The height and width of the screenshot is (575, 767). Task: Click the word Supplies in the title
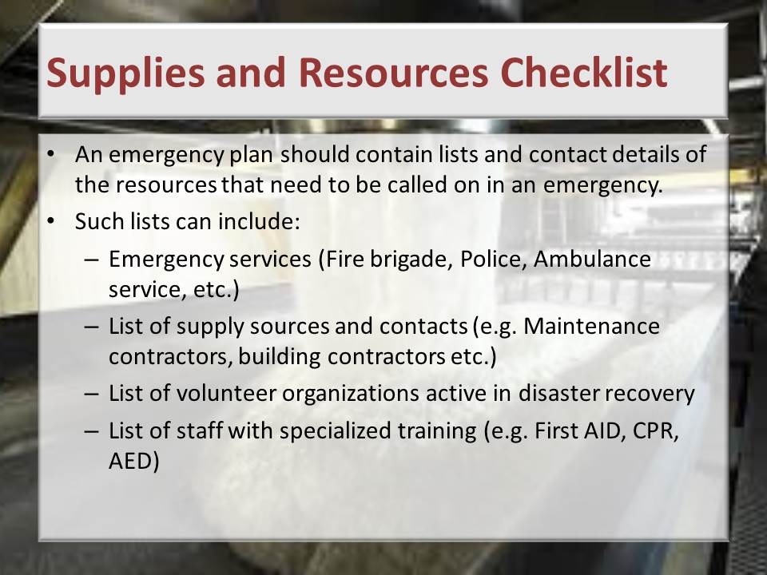coord(125,73)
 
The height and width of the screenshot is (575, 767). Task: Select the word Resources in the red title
coord(393,73)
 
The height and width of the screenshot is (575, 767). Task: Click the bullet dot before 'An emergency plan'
coord(50,153)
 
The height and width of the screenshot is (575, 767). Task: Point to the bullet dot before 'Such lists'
coord(50,220)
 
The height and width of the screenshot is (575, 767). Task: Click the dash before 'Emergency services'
coord(91,260)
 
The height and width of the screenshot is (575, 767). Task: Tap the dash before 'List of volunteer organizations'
coord(91,394)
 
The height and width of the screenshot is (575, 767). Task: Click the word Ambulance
coord(592,258)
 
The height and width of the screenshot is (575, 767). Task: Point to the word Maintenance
coord(591,326)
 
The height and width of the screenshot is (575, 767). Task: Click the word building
coord(279,357)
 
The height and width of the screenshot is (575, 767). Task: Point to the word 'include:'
coord(259,221)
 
